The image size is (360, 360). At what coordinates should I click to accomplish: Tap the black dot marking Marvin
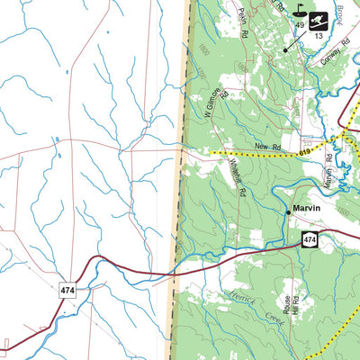pos(289,211)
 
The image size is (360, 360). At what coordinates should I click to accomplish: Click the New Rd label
pos(262,146)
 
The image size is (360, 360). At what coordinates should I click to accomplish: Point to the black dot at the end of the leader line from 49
pos(286,49)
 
